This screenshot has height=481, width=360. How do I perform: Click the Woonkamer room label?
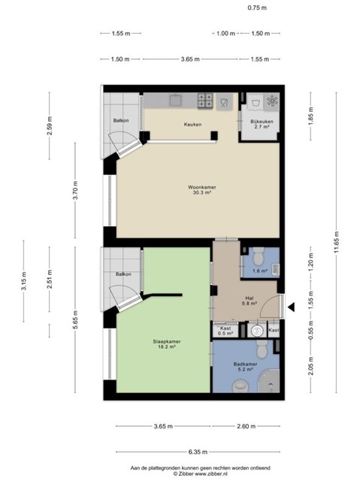(x=202, y=187)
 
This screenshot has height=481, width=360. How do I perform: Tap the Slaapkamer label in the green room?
(x=167, y=341)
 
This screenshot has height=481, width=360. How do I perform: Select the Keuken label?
(x=193, y=124)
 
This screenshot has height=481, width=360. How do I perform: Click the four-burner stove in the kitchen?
(x=205, y=101)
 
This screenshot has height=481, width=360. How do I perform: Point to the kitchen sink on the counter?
(x=176, y=100)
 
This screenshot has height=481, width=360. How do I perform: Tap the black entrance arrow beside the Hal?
(x=292, y=307)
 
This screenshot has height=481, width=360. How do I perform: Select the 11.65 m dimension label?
(x=337, y=242)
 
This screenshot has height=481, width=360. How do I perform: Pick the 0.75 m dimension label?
(x=257, y=8)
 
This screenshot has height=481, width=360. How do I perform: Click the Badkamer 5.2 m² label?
(x=245, y=367)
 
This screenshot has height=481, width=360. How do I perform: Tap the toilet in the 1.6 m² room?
(x=259, y=256)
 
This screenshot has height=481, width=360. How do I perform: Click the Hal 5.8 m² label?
(x=250, y=301)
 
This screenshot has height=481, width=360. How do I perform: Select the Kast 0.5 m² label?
(x=225, y=331)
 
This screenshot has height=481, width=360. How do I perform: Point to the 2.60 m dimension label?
(x=247, y=426)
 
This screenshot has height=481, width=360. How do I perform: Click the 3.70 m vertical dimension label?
(x=75, y=190)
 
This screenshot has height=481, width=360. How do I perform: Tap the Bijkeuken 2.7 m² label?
(x=262, y=124)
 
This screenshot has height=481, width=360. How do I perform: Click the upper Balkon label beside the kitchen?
(x=121, y=120)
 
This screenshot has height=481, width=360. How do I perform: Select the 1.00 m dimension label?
(x=225, y=33)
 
